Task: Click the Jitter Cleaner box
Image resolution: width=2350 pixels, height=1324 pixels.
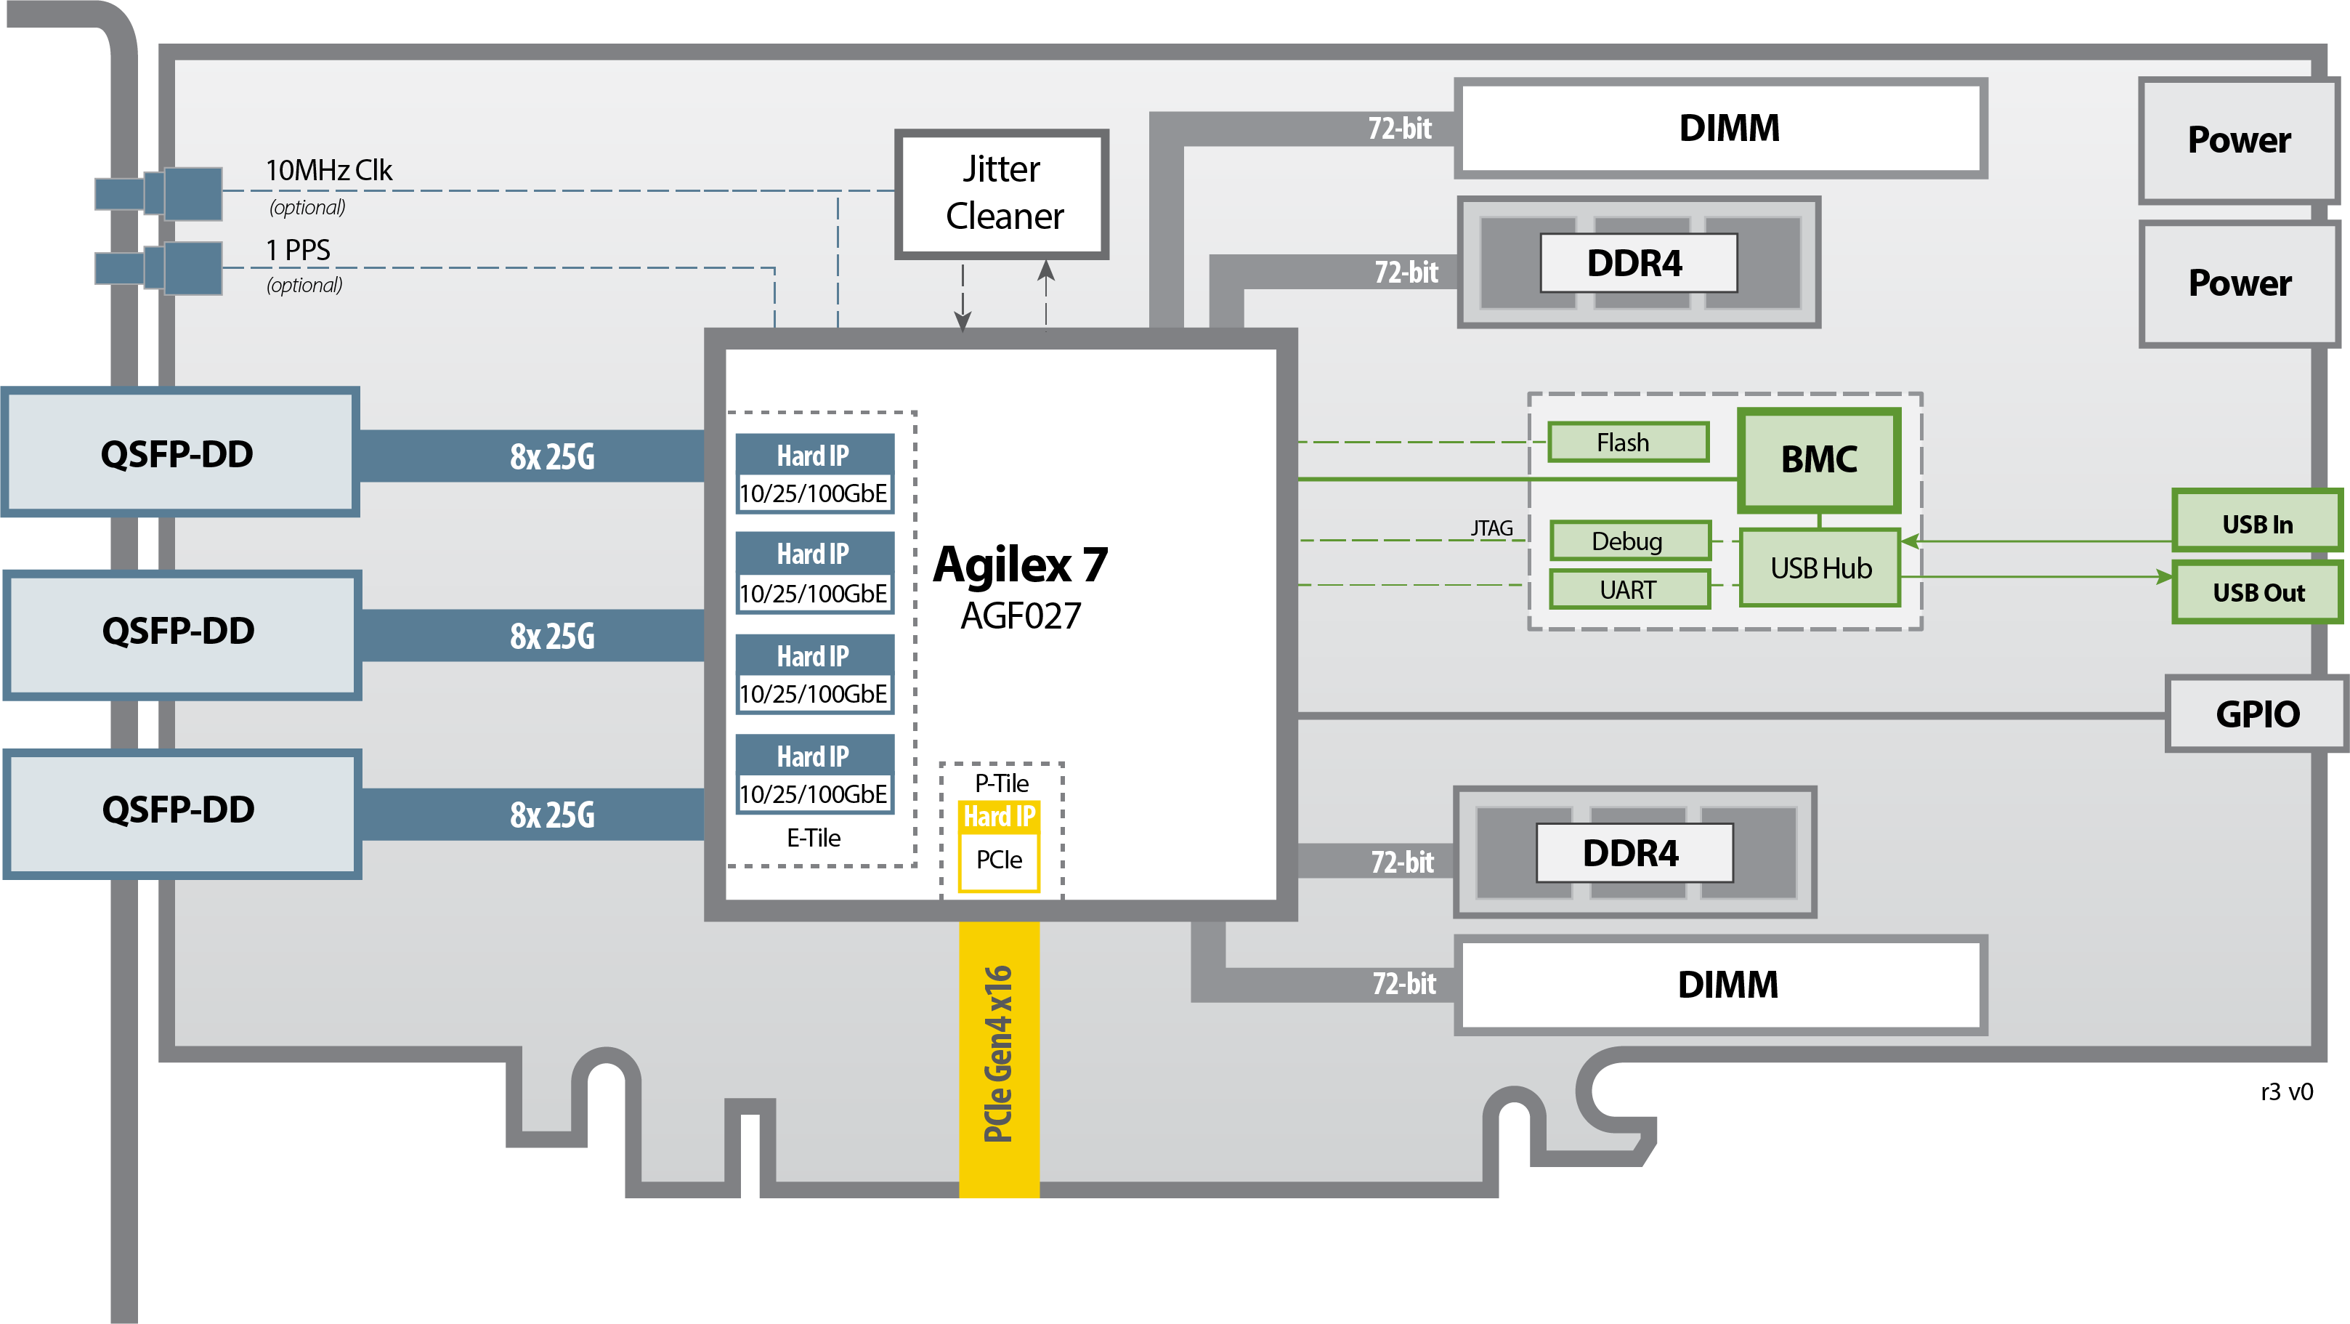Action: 1002,193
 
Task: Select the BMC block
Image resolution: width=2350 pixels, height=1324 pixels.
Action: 1818,459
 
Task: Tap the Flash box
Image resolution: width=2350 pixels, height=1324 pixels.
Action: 1627,443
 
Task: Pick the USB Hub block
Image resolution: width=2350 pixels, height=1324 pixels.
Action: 1820,568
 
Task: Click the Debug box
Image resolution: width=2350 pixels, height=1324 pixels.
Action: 1629,541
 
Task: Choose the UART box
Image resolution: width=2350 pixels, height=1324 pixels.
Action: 1629,589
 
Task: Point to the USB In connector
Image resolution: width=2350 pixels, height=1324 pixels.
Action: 2257,524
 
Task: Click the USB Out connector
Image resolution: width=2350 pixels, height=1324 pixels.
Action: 2257,592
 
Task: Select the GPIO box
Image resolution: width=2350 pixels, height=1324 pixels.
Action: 2257,714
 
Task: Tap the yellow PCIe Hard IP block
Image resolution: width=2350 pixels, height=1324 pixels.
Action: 999,846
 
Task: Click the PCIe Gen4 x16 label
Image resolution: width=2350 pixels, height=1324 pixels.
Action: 998,1054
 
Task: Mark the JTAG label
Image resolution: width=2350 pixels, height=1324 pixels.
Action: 1491,528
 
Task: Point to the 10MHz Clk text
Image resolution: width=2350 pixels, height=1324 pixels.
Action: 328,171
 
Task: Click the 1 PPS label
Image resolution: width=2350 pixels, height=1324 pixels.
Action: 299,249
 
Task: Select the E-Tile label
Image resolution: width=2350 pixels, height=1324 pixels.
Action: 814,838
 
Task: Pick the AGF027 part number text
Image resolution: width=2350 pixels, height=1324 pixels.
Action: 1020,616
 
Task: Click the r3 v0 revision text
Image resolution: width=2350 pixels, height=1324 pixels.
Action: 2286,1091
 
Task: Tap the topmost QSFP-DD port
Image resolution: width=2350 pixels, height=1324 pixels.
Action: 179,453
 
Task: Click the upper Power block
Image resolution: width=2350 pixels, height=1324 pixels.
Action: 2238,140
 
